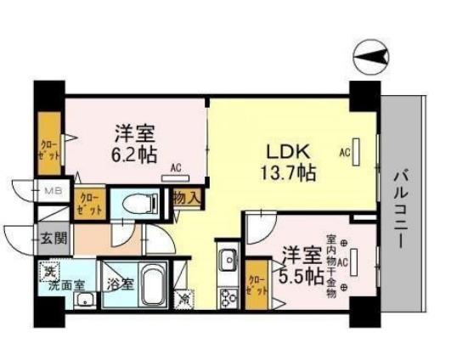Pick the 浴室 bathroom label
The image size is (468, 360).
click(118, 284)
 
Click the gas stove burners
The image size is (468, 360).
click(227, 297)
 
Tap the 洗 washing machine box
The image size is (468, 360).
click(50, 273)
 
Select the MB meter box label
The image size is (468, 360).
click(53, 193)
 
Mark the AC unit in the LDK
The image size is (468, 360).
click(357, 153)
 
